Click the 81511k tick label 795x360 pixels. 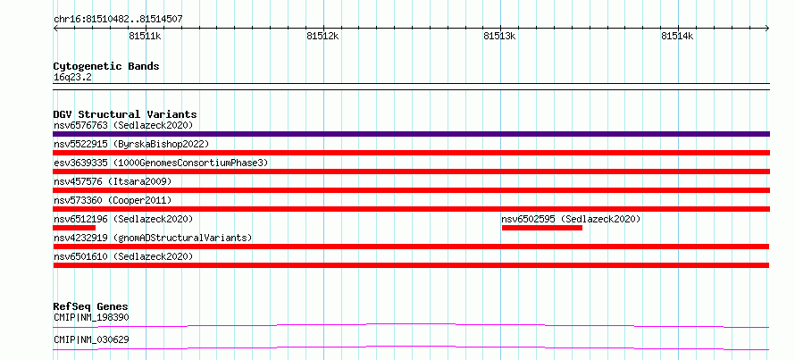click(145, 36)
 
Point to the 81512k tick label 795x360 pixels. click(323, 36)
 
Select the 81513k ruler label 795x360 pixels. click(500, 36)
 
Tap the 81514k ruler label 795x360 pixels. click(677, 36)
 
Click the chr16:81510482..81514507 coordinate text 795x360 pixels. click(118, 20)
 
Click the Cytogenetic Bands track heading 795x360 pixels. click(106, 66)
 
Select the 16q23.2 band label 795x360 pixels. click(72, 78)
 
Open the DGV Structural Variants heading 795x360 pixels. click(125, 114)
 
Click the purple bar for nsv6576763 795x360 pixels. click(411, 134)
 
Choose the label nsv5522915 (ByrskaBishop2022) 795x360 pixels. click(131, 144)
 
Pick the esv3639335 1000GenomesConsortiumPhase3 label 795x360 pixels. click(161, 163)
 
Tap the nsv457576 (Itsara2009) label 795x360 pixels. click(113, 181)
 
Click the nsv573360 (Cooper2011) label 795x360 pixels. click(113, 200)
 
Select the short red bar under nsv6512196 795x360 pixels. click(74, 228)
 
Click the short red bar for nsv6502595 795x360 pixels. click(542, 228)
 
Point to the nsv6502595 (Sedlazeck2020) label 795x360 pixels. click(571, 219)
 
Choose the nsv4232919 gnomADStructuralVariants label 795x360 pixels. click(153, 238)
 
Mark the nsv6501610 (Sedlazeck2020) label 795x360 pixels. click(123, 256)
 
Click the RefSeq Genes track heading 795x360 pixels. click(91, 306)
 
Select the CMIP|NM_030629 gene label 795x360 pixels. click(91, 339)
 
